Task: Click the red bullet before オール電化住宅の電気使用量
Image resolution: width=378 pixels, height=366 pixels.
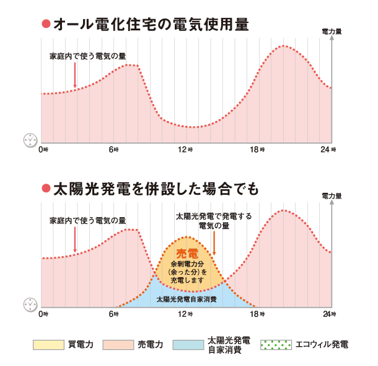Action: coord(45,25)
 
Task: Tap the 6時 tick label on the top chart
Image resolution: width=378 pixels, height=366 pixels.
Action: coord(113,150)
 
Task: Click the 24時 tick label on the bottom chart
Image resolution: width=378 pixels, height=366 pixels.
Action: coord(328,315)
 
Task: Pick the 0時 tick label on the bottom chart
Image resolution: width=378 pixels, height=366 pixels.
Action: coord(43,315)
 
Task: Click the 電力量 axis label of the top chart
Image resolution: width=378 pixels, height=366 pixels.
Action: coord(332,30)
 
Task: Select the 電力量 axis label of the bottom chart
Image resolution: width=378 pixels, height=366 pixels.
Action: coord(332,195)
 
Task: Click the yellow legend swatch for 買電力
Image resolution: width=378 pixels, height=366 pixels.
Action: coord(48,345)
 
